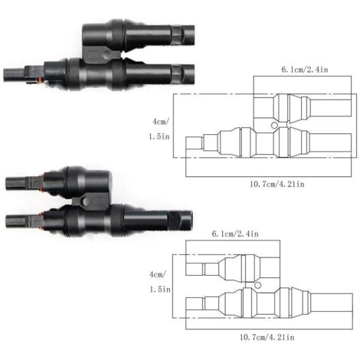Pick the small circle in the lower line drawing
[258, 287]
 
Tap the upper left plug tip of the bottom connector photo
[16, 182]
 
